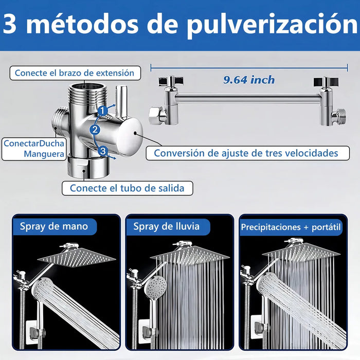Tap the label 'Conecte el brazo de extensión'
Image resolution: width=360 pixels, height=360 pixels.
(75, 73)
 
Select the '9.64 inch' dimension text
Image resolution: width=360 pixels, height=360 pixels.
(249, 80)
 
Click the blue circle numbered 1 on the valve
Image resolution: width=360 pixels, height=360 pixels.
(103, 110)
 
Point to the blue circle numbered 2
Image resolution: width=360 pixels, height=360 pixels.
(95, 130)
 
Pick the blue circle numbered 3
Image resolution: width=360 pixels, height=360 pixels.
(103, 151)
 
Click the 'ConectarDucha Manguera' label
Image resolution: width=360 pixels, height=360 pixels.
(34, 149)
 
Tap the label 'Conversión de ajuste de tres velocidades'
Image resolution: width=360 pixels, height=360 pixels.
(246, 153)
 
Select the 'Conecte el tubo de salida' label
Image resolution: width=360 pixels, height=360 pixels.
(127, 188)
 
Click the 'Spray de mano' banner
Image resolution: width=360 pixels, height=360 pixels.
(54, 226)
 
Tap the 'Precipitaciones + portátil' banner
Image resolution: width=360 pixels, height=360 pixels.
(291, 226)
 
